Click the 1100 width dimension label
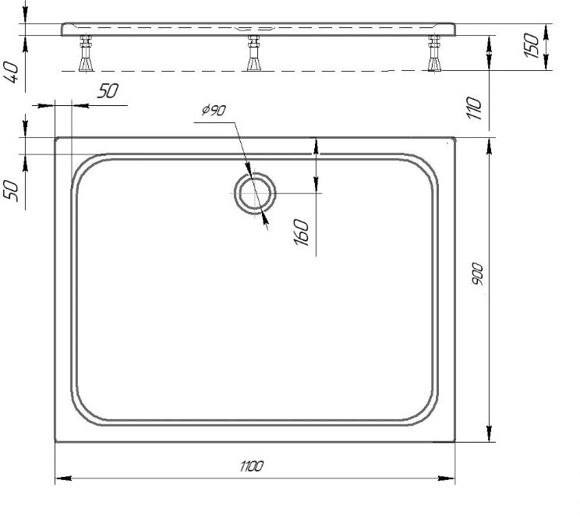252,466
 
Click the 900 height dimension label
477,274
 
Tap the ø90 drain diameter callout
214,110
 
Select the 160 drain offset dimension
301,232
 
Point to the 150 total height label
532,45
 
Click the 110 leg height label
474,108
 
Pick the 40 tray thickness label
11,72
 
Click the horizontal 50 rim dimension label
108,91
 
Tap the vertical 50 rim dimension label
11,191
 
